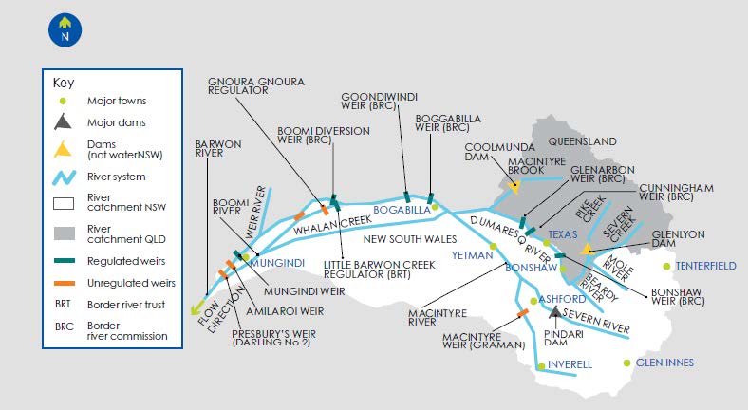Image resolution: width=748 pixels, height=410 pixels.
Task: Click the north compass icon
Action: coord(64,28)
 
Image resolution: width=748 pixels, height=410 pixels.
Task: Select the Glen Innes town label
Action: coord(664,363)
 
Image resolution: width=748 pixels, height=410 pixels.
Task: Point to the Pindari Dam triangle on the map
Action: coord(554,312)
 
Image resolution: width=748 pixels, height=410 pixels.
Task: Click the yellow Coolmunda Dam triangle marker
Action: coord(514,187)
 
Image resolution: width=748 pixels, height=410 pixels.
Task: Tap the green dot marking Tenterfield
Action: coord(667,266)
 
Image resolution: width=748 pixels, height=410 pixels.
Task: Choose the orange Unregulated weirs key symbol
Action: coord(64,283)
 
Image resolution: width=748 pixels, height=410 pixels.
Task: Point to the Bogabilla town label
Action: coord(402,210)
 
